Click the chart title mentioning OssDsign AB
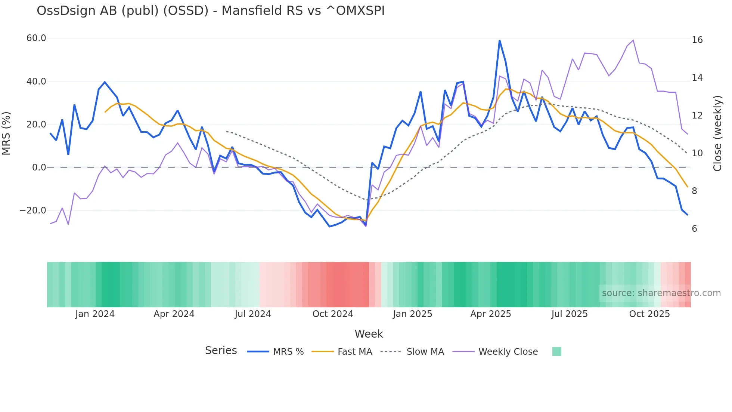pyautogui.click(x=210, y=11)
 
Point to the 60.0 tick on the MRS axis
pyautogui.click(x=36, y=38)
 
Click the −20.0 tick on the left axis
pyautogui.click(x=33, y=210)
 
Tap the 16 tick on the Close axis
pyautogui.click(x=697, y=40)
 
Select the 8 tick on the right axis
pyautogui.click(x=694, y=191)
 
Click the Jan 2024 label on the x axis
pyautogui.click(x=95, y=314)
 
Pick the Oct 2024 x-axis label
pyautogui.click(x=333, y=314)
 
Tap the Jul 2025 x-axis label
pyautogui.click(x=569, y=314)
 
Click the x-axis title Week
pyautogui.click(x=369, y=334)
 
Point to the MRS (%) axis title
pyautogui.click(x=6, y=133)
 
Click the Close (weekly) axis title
pyautogui.click(x=717, y=133)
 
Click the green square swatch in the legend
pyautogui.click(x=556, y=351)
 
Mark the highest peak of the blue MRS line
pyautogui.click(x=499, y=40)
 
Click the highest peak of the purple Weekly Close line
pyautogui.click(x=633, y=40)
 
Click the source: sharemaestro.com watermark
pyautogui.click(x=661, y=293)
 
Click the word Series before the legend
pyautogui.click(x=221, y=351)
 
